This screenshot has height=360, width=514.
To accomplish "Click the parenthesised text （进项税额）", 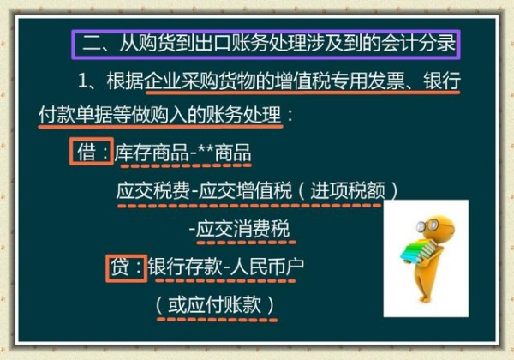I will [x=345, y=190].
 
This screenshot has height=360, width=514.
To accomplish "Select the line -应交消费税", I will [x=239, y=229].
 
